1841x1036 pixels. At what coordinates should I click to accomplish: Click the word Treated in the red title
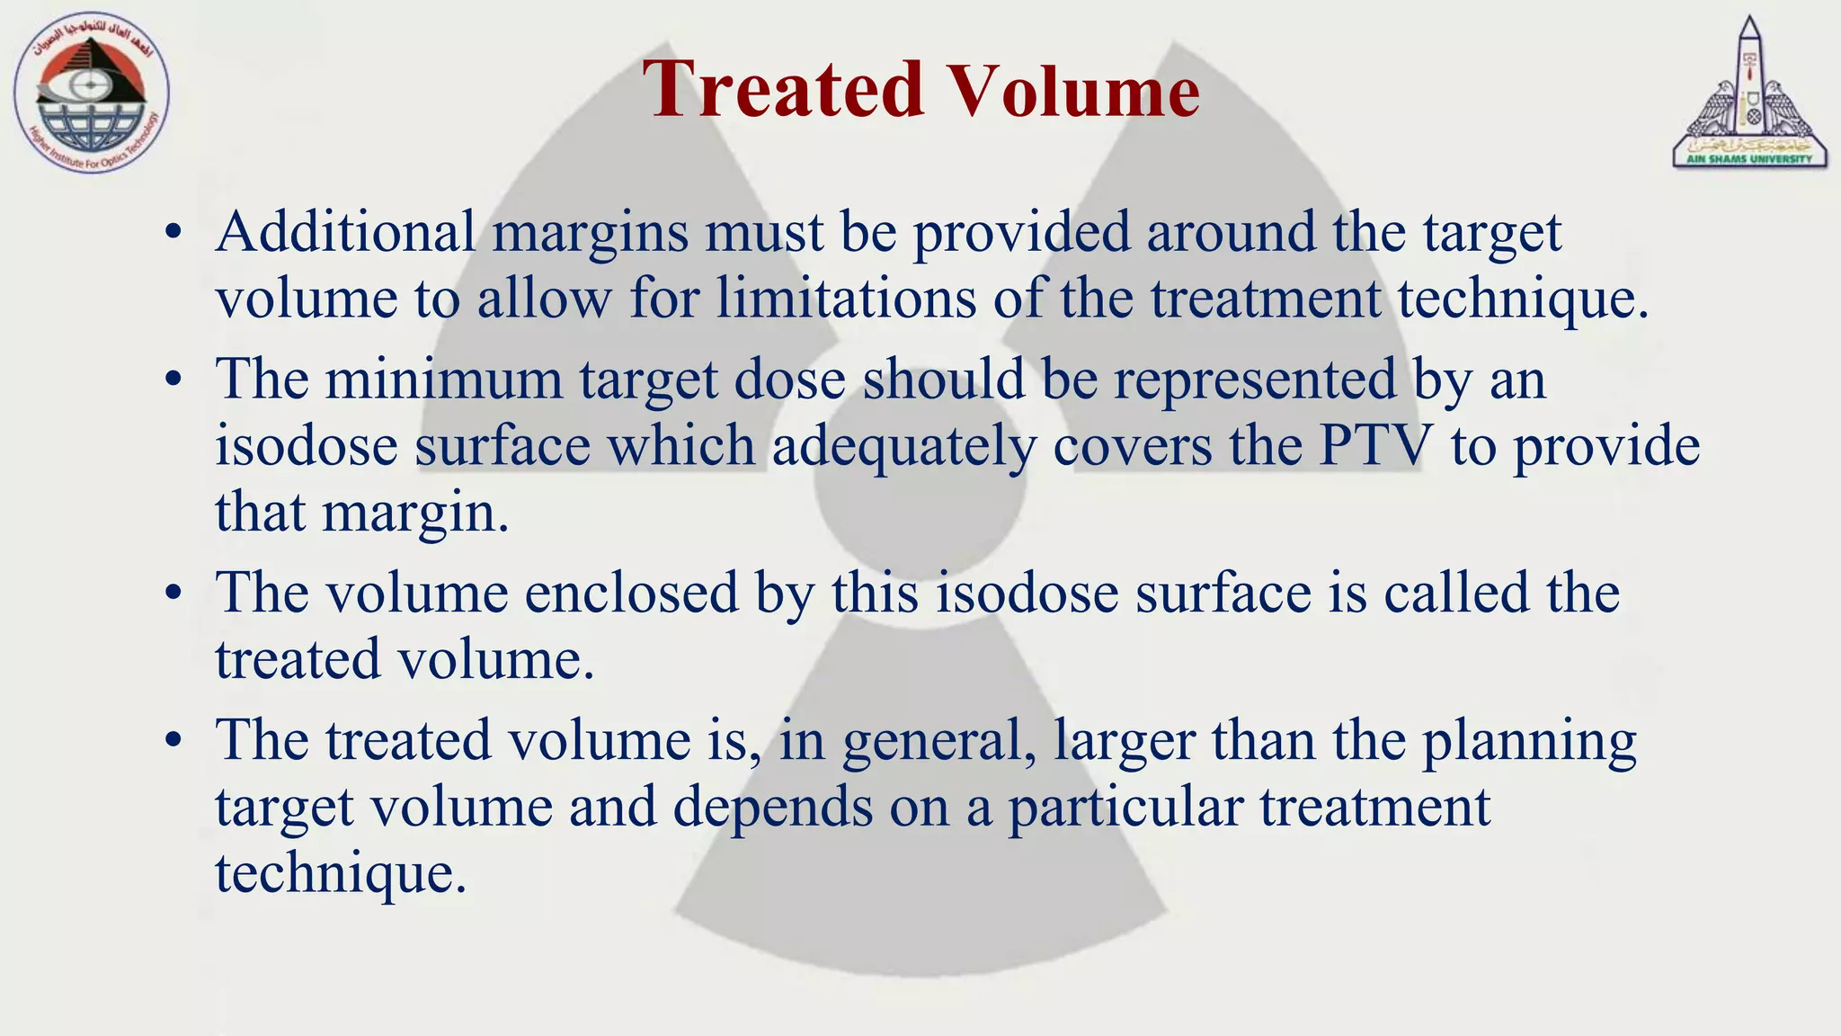[783, 89]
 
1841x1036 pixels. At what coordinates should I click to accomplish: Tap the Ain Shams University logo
[1748, 93]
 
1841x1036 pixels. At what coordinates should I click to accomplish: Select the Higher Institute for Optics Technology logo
[92, 94]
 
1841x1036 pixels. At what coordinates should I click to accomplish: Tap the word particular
[1125, 807]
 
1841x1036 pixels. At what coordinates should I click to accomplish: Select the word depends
[772, 807]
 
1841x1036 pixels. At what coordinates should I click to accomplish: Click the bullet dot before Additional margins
[174, 234]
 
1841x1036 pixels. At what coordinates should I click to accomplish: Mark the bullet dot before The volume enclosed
[174, 594]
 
